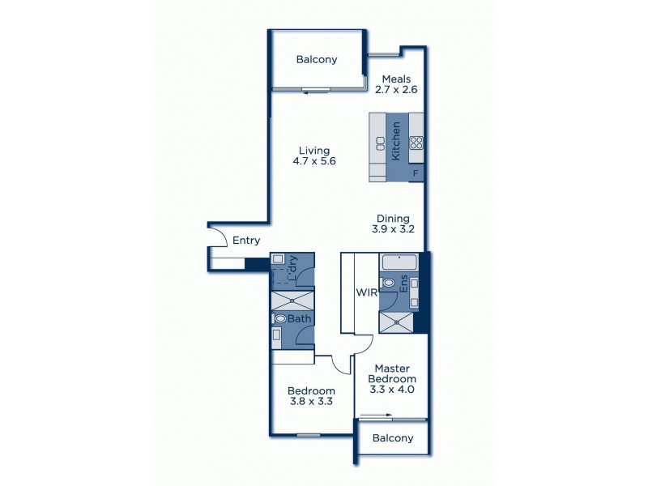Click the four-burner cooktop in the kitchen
coord(416,143)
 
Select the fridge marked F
coord(416,173)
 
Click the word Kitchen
coord(397,141)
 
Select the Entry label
coord(246,241)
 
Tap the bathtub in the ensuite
coord(399,262)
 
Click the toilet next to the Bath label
coord(281,319)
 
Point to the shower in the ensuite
coord(397,322)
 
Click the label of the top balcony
coord(317,59)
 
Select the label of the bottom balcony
coord(392,438)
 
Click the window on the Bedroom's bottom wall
coord(308,436)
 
